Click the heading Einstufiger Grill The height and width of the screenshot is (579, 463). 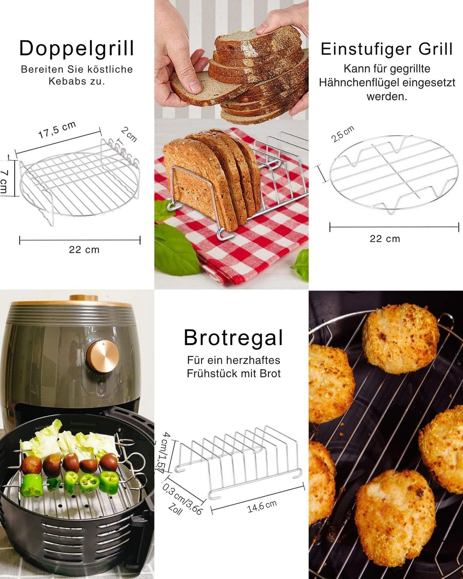387,49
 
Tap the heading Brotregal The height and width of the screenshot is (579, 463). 233,338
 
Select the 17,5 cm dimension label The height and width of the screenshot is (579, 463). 57,130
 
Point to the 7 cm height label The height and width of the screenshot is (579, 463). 4,182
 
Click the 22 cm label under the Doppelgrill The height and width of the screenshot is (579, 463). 84,250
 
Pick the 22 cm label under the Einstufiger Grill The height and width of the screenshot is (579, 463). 385,239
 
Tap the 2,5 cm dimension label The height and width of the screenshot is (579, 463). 343,134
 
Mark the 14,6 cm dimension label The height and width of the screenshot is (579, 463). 262,506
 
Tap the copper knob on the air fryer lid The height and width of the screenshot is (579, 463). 84,298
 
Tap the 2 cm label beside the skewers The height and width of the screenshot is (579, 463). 129,134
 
